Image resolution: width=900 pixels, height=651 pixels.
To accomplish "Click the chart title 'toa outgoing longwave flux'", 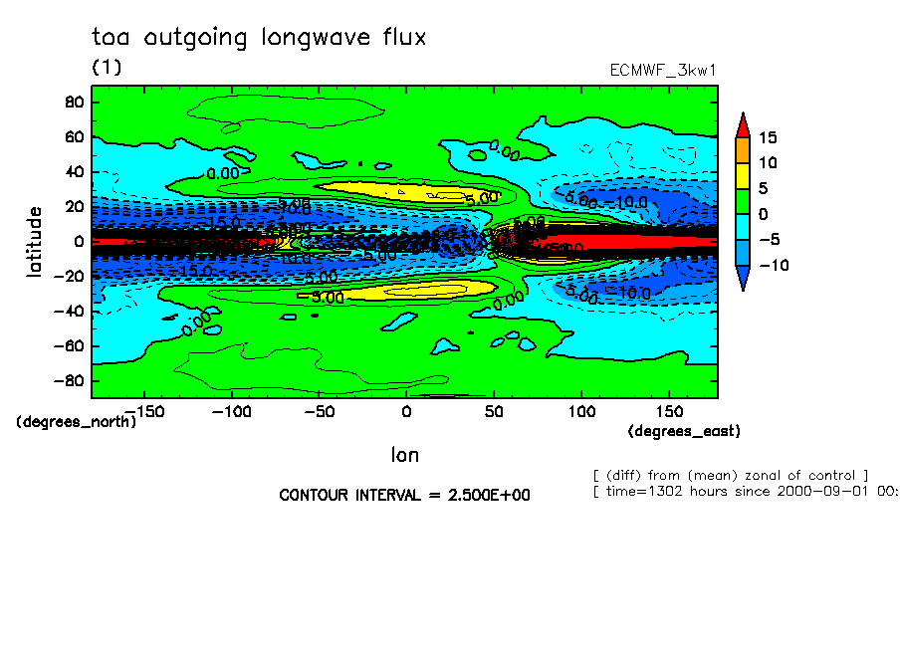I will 259,38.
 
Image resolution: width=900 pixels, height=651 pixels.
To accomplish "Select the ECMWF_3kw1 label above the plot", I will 663,72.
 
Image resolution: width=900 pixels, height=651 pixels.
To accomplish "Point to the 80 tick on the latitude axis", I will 73,102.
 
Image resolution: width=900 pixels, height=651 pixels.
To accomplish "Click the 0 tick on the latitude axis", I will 78,241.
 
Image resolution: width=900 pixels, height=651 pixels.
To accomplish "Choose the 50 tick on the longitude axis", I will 494,411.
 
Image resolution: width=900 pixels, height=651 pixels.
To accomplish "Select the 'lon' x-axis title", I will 404,455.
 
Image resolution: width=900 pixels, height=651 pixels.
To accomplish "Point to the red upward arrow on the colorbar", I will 742,123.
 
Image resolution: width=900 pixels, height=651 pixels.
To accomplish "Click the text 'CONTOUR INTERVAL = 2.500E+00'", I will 404,496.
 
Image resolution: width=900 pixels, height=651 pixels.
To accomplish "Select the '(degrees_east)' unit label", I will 684,431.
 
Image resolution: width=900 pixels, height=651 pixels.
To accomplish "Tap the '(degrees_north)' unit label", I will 77,421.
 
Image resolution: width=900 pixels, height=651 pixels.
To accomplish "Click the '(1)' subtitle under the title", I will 107,67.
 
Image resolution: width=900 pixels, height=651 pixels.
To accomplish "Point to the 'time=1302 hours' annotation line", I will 745,492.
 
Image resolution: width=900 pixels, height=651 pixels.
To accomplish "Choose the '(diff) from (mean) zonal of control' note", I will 731,475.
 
